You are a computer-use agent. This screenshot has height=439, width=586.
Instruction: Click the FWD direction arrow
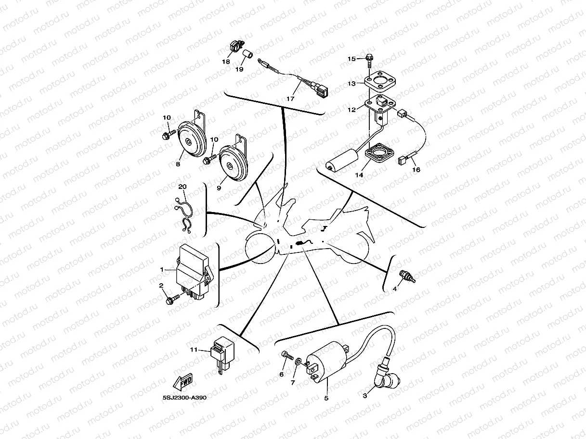tap(183, 382)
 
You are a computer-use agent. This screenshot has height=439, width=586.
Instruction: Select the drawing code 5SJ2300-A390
tap(184, 398)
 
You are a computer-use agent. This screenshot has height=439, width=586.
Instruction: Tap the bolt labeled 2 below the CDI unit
tap(172, 300)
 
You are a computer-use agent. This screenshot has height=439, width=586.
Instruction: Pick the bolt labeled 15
tap(370, 60)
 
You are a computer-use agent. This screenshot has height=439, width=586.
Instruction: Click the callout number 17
tap(290, 99)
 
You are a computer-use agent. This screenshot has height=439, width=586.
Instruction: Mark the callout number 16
tap(416, 170)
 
